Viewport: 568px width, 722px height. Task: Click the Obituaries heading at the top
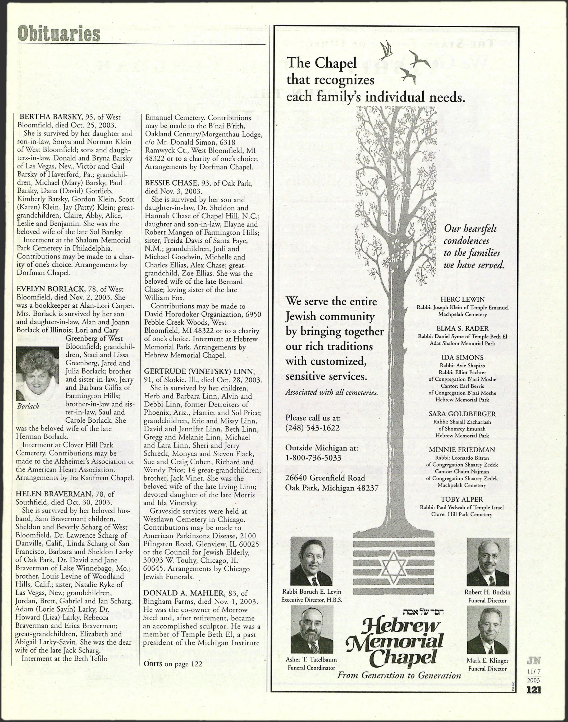[x=58, y=34]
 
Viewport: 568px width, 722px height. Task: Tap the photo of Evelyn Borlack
[x=37, y=373]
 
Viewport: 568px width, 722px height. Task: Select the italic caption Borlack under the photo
[x=28, y=406]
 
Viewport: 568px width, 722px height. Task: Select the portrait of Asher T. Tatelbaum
[x=312, y=629]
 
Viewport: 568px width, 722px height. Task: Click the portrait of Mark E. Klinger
[x=488, y=630]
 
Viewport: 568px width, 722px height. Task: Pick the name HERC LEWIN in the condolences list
[x=462, y=299]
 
